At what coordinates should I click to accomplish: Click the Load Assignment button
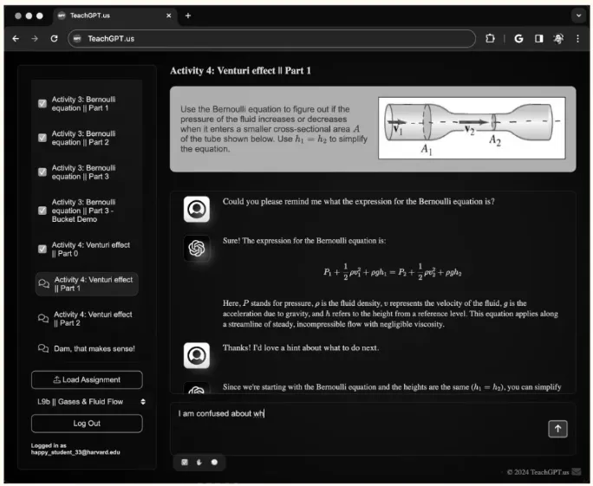87,379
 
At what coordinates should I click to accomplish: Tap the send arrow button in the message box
557,429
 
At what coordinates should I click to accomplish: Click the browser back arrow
16,38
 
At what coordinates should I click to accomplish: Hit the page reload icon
54,38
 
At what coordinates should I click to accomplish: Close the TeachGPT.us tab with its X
169,16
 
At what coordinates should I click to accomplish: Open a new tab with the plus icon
188,16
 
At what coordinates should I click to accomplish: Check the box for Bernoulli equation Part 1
42,104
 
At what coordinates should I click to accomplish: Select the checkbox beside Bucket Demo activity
42,211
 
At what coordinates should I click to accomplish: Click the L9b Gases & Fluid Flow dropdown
91,401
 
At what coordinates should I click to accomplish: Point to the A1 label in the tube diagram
427,149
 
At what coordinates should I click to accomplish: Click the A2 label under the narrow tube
495,140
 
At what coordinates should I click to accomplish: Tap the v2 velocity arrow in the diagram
473,121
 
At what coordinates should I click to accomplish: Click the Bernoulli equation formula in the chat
392,272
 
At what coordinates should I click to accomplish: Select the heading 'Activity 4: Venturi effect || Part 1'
240,71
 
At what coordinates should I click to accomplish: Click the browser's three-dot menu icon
577,38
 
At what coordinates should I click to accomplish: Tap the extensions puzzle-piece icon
490,38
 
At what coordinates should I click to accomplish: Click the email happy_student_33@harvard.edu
75,452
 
